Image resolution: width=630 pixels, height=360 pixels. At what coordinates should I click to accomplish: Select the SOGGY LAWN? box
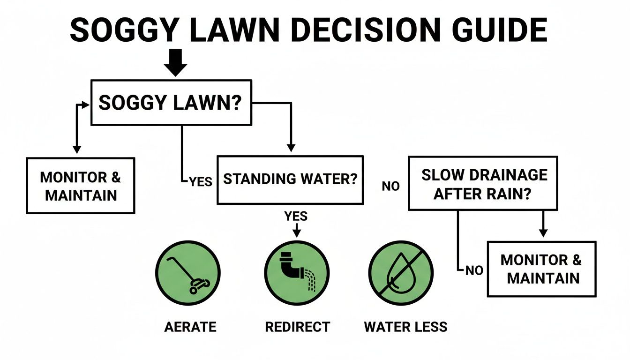tap(171, 103)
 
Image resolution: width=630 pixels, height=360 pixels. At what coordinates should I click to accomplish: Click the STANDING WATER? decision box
tap(290, 180)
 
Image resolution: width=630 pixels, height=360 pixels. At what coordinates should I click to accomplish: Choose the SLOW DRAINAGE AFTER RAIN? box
tap(483, 183)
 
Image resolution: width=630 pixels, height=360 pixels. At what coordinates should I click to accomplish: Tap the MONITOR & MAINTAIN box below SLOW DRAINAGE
tap(541, 269)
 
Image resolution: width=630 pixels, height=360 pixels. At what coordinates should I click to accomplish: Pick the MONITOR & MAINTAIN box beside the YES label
tap(81, 186)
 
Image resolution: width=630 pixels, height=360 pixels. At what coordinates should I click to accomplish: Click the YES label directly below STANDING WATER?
tap(296, 216)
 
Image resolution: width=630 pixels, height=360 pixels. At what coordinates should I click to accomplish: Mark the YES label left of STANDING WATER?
tap(200, 181)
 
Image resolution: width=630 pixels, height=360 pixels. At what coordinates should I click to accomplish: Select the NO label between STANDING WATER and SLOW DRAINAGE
tap(390, 186)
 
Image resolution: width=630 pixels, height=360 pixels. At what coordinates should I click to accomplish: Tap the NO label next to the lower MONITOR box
tap(474, 270)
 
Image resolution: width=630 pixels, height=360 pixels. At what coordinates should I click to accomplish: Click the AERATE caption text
tap(190, 327)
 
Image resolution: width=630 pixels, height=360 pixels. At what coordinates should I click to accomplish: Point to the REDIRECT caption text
tap(297, 327)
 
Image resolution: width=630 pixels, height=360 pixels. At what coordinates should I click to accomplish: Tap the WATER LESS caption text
tap(405, 327)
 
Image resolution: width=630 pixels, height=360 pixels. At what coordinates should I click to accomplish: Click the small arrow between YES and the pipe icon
tap(296, 231)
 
